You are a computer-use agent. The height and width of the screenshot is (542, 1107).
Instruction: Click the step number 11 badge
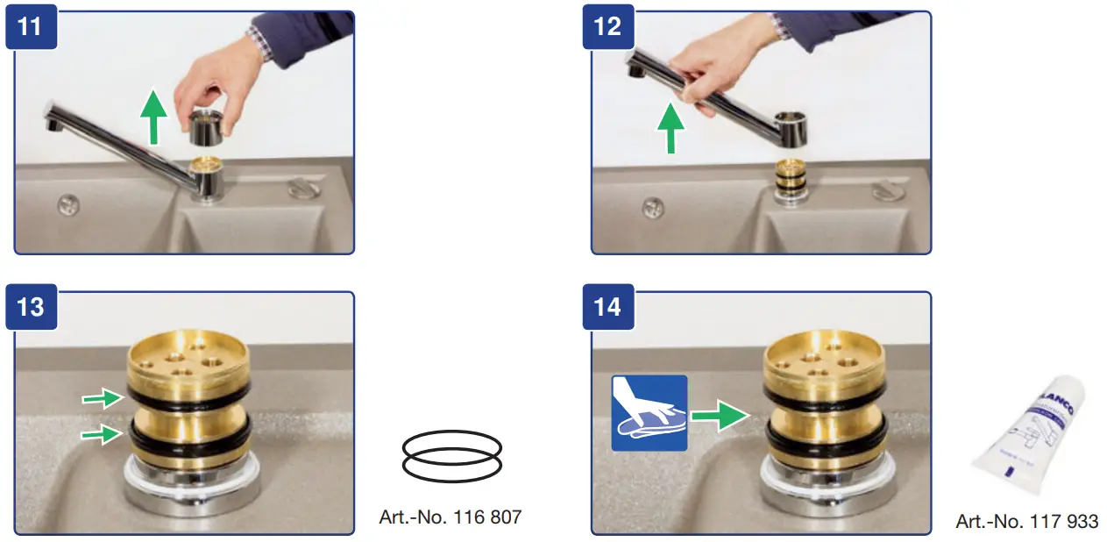point(30,25)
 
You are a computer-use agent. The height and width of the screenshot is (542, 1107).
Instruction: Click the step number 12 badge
point(607,25)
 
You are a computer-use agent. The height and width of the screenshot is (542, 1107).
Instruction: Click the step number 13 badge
point(30,308)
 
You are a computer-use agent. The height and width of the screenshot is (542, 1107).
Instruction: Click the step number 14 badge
point(607,308)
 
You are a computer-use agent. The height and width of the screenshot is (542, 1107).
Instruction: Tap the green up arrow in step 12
point(671,126)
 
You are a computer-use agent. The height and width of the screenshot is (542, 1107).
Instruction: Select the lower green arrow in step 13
point(99,433)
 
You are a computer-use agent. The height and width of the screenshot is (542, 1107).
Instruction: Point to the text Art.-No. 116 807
point(451,517)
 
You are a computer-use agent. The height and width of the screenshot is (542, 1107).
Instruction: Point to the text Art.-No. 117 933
point(1026,521)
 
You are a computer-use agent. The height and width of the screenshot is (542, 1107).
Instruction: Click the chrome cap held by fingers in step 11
point(207,129)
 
